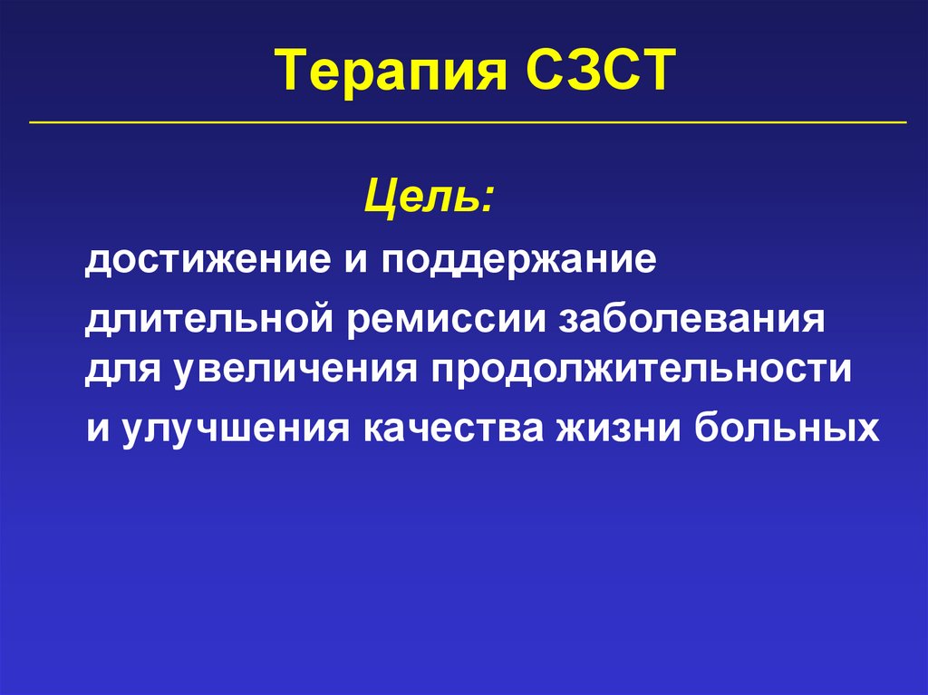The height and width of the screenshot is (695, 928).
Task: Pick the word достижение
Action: [194, 262]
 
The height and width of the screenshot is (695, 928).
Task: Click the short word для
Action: [115, 372]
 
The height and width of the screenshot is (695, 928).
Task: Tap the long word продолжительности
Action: [634, 372]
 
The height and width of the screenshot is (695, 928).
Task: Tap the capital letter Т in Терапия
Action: [291, 72]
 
